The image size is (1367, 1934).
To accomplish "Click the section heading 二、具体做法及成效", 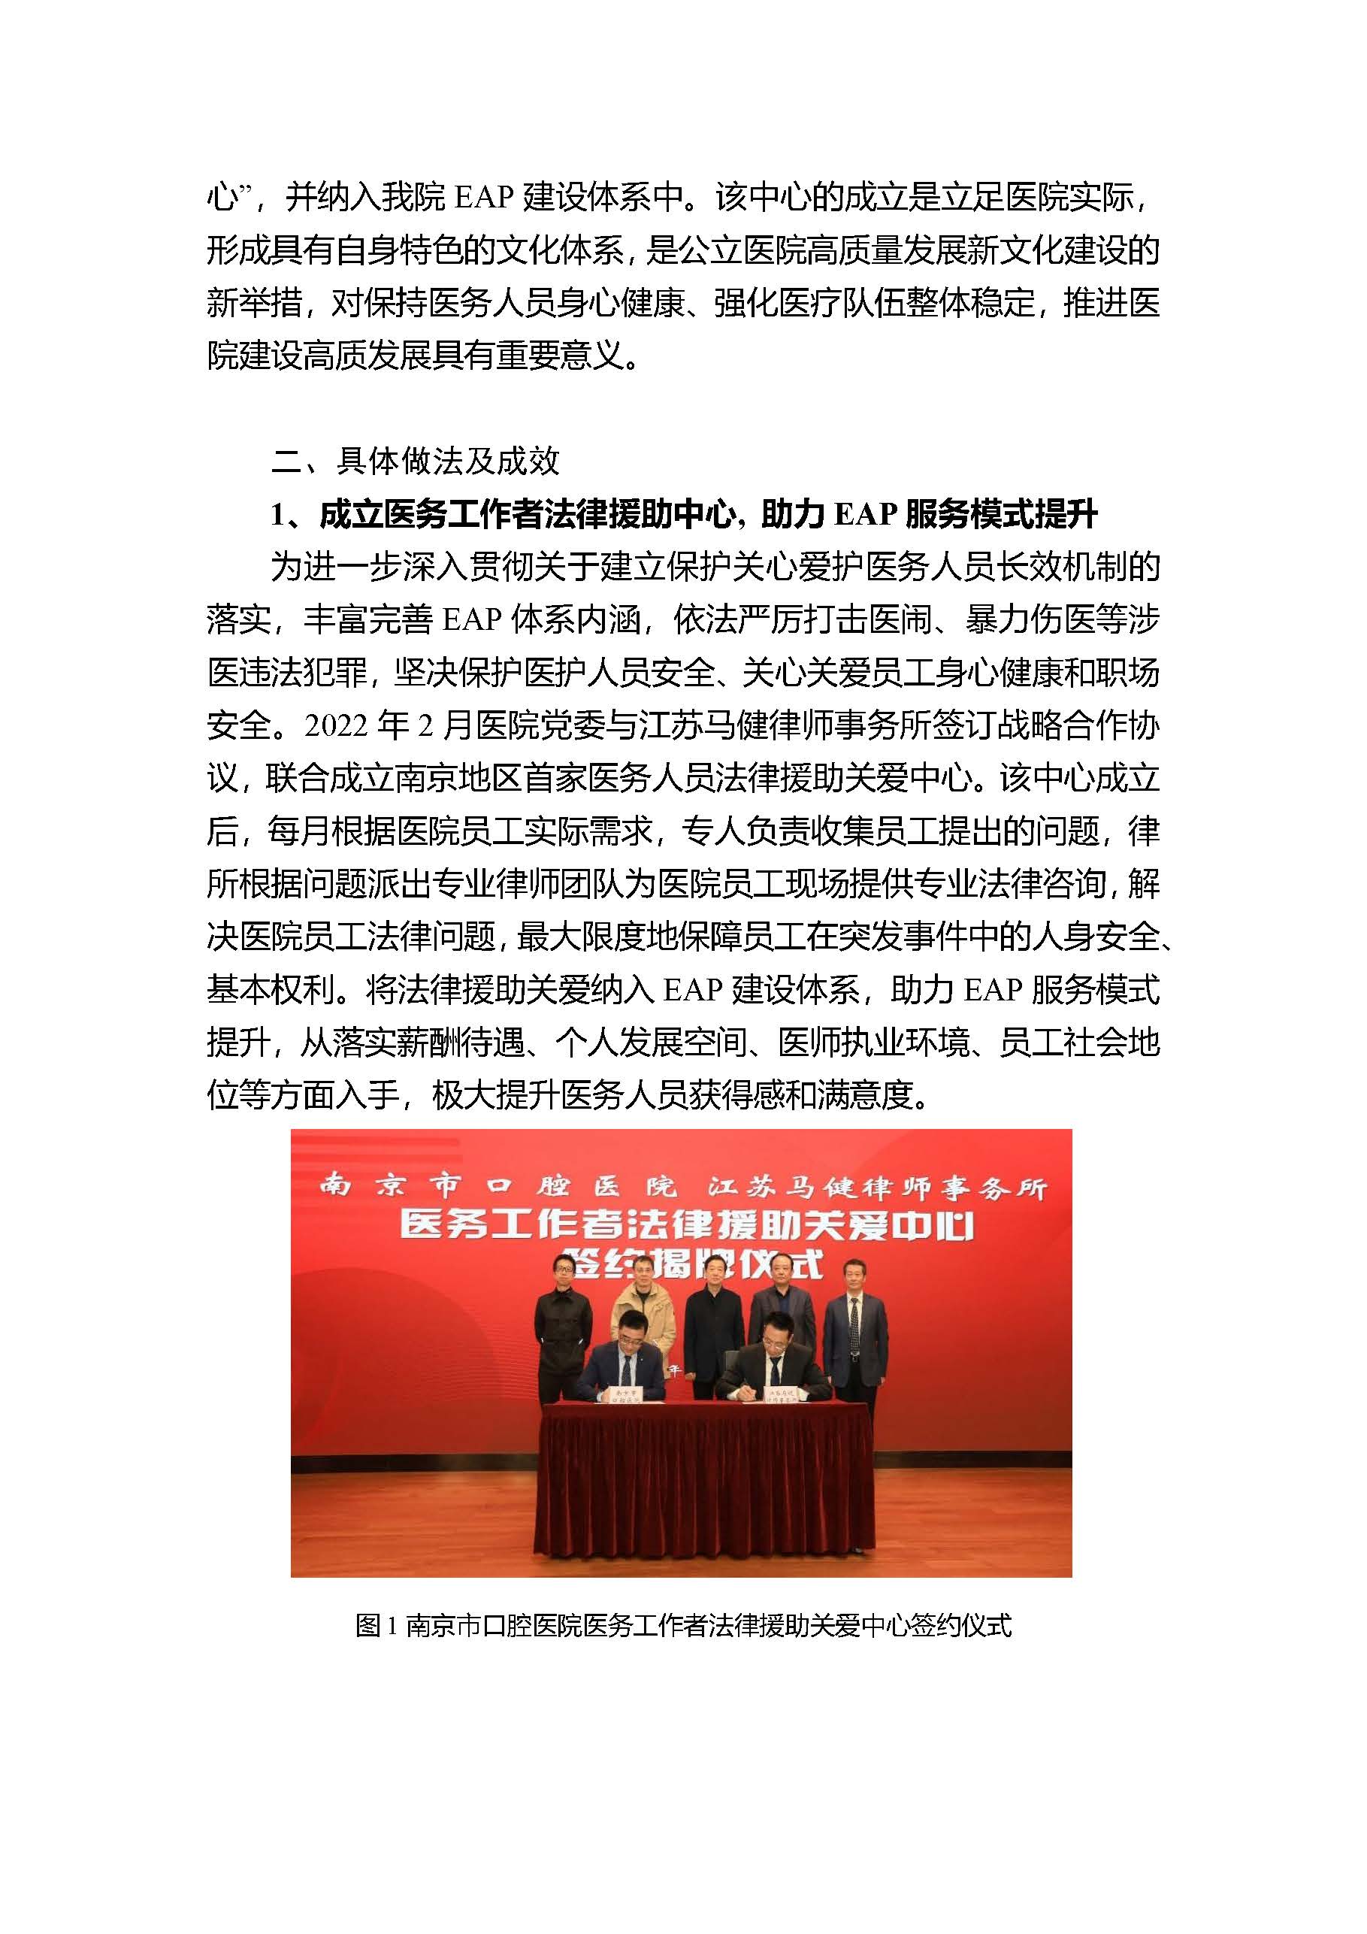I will [x=416, y=461].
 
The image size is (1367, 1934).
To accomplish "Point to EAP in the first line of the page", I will [x=484, y=198].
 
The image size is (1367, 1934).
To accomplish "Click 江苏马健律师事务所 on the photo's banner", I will [x=876, y=1188].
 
